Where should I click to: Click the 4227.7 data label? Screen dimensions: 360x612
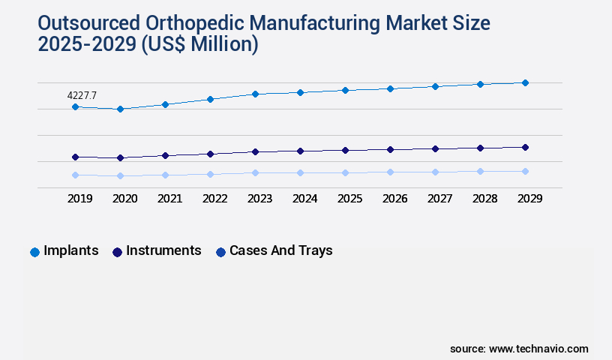click(82, 95)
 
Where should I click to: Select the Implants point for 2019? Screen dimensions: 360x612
click(75, 107)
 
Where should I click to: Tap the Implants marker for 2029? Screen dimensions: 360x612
click(525, 82)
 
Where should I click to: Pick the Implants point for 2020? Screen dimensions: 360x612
click(120, 109)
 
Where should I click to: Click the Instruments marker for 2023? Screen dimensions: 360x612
click(255, 151)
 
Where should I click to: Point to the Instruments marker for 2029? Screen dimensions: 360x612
click(525, 147)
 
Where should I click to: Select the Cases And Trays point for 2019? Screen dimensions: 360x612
click(75, 175)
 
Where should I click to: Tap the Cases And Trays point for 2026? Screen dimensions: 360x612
click(390, 172)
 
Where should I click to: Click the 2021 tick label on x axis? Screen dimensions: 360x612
click(169, 199)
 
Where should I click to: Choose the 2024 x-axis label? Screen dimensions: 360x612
click(304, 199)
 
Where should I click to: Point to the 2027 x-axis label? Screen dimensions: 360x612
click(439, 199)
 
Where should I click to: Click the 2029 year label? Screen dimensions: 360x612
click(529, 199)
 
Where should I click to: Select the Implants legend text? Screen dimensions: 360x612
click(71, 250)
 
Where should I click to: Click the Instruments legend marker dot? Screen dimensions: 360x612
click(117, 252)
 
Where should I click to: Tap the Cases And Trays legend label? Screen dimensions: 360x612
click(280, 250)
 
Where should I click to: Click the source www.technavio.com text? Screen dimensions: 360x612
click(519, 349)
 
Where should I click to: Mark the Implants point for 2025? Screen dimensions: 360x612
click(345, 90)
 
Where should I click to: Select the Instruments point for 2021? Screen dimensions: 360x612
click(165, 155)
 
